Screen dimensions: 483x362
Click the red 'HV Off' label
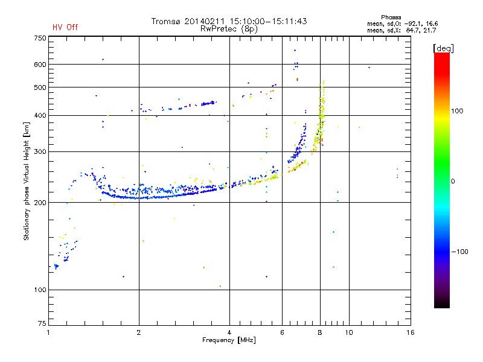65,27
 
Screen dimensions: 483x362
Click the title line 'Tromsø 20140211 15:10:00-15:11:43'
229,21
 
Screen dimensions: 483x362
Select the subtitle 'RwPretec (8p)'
229,29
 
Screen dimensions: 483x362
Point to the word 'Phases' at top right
391,17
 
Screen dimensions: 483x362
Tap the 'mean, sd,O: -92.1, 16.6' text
402,24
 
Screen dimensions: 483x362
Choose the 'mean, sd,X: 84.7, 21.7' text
401,30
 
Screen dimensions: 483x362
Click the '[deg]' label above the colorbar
443,48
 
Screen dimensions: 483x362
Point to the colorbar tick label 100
457,111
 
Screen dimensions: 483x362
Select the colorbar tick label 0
453,182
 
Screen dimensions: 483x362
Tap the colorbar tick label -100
459,252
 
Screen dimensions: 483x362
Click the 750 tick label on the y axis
40,38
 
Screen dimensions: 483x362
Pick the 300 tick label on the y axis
40,151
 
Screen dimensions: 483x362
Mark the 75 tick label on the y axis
42,323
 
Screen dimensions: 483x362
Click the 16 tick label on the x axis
411,332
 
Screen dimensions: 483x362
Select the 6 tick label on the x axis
282,332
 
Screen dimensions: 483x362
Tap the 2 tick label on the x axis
139,332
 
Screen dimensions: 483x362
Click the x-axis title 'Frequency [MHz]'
229,340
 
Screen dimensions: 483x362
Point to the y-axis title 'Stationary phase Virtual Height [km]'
26,181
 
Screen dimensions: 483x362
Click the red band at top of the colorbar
442,62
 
